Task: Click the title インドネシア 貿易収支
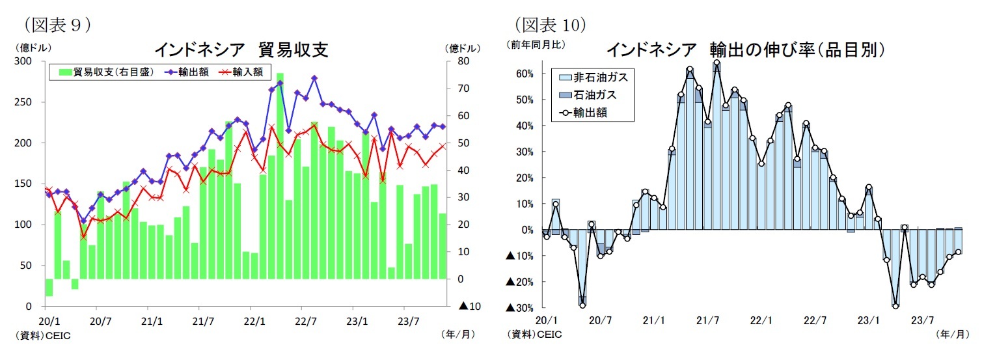tap(240, 49)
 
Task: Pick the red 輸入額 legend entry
tap(242, 72)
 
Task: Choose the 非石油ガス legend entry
tap(593, 77)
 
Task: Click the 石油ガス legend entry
tap(588, 95)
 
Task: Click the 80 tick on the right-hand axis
tap(464, 61)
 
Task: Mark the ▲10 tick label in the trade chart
tap(470, 306)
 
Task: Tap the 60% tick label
tap(525, 74)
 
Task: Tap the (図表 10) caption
tap(551, 25)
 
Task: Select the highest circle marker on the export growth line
tap(716, 62)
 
